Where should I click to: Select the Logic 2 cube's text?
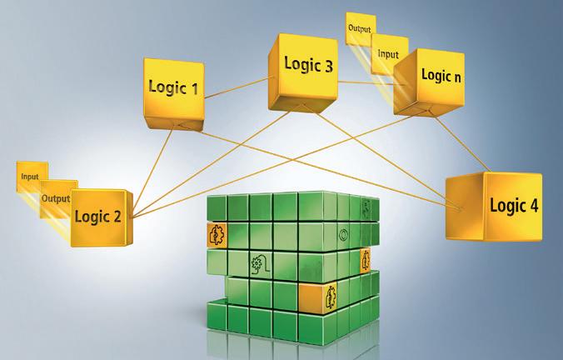coord(97,217)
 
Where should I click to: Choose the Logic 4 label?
coord(513,205)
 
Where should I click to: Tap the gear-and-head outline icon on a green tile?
coord(259,266)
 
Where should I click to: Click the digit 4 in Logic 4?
coord(534,206)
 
